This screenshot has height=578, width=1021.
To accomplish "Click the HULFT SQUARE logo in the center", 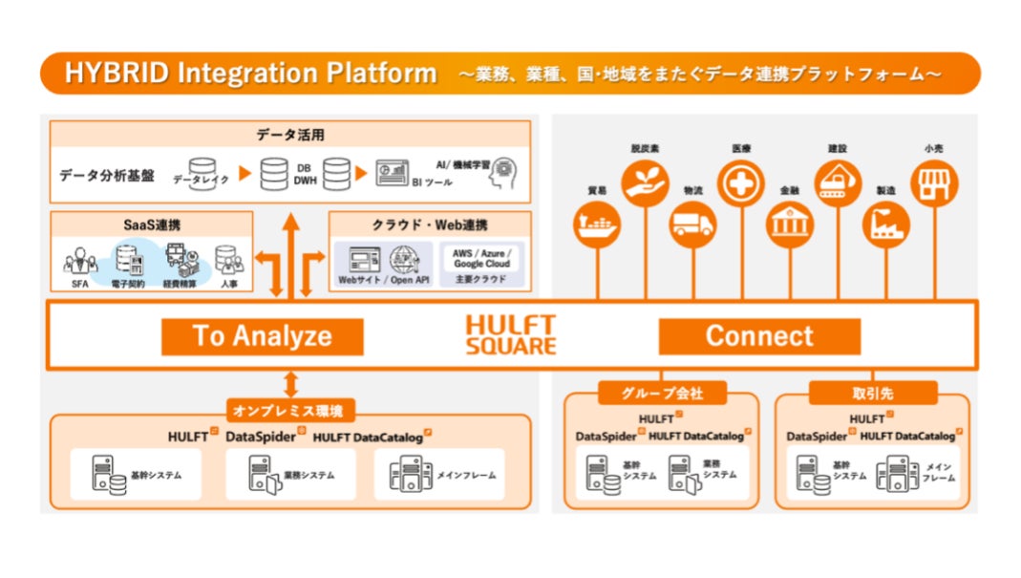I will click(510, 335).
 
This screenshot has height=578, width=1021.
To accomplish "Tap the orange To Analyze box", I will click(262, 336).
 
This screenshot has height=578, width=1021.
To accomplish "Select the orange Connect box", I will click(759, 336).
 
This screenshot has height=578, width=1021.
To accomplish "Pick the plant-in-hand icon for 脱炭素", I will click(646, 182).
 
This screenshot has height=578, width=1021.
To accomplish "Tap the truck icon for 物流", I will click(692, 225).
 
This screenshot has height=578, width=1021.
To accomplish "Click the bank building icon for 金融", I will click(790, 225).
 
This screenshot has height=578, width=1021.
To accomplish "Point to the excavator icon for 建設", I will click(838, 182).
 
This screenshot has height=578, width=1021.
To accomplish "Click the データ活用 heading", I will click(290, 135).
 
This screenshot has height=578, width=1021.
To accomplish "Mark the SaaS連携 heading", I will click(152, 225).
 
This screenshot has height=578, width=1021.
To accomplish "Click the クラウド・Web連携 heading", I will click(429, 225).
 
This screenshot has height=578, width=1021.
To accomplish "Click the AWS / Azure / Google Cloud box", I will click(482, 262).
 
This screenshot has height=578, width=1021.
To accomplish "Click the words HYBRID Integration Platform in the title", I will click(250, 74).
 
